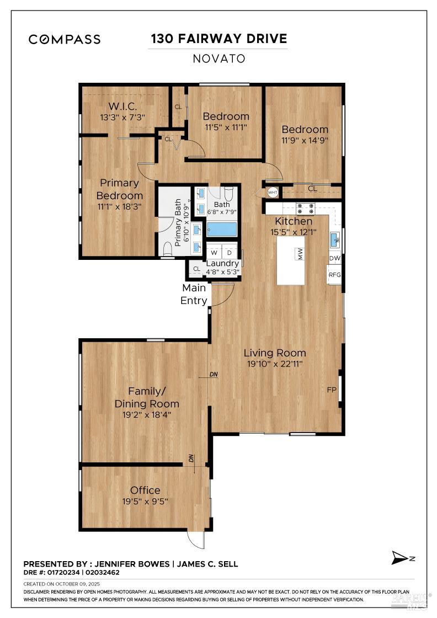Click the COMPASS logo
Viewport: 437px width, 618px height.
click(x=65, y=39)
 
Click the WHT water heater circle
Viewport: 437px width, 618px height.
click(x=272, y=193)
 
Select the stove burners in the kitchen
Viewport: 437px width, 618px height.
click(x=305, y=209)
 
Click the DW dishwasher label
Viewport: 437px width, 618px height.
click(x=334, y=258)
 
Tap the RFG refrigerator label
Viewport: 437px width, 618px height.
click(x=334, y=274)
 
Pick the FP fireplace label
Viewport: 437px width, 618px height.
click(x=332, y=390)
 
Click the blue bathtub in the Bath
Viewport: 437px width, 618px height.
click(x=222, y=229)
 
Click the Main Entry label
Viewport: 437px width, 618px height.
click(x=194, y=294)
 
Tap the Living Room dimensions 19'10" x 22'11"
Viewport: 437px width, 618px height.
click(x=275, y=364)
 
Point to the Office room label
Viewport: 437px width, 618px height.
click(x=145, y=490)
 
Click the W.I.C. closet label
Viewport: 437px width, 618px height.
click(x=122, y=106)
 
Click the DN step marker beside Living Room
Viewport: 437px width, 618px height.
click(x=214, y=375)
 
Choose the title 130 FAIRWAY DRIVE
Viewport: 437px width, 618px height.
click(x=218, y=39)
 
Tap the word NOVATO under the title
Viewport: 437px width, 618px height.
click(x=218, y=58)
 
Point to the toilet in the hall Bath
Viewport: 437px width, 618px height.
click(x=229, y=194)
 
